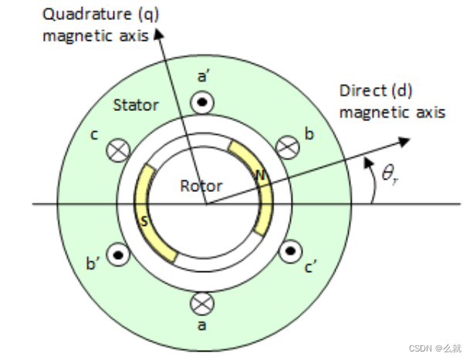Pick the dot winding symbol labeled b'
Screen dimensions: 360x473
coord(117,253)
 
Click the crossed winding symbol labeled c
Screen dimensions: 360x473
coord(117,150)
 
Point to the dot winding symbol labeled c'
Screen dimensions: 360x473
coord(290,251)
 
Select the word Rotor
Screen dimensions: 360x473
coord(201,186)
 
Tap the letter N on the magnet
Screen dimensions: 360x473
coord(260,177)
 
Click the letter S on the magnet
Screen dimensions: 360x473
coord(144,222)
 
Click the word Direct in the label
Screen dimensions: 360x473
coord(360,92)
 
